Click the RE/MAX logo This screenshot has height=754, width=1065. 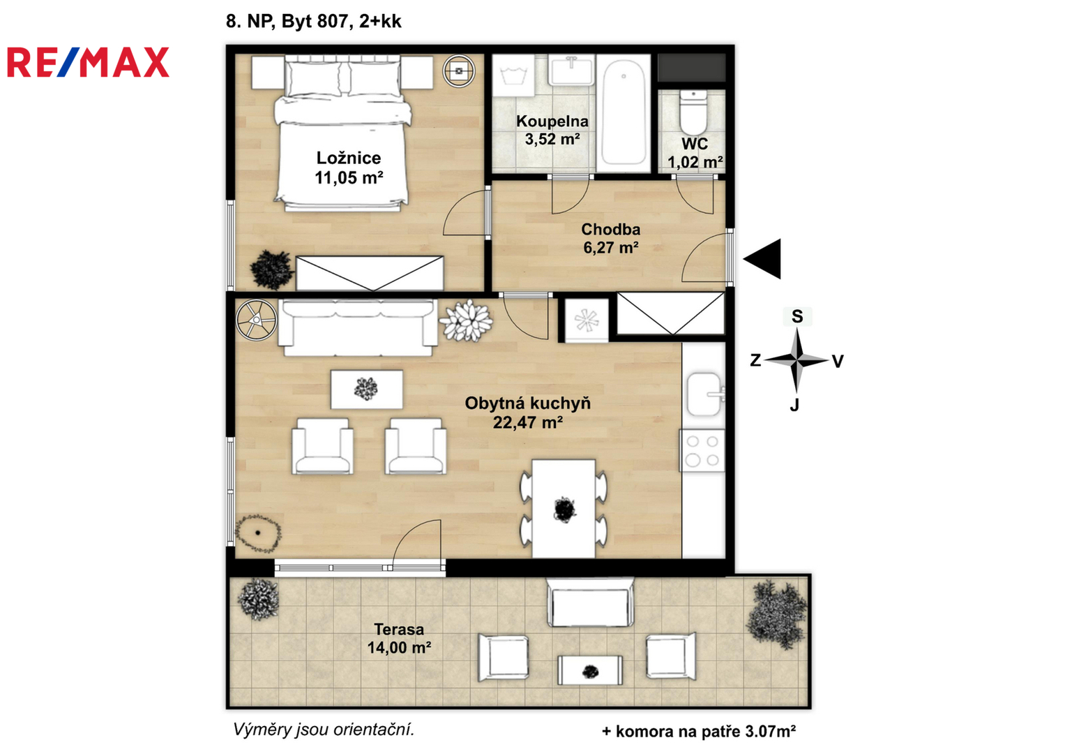click(89, 62)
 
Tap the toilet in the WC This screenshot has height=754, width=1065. click(693, 113)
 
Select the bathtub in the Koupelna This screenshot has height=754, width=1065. click(624, 113)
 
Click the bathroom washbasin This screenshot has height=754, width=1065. click(571, 71)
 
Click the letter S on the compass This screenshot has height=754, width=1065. click(797, 316)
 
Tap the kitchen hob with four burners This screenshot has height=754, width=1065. click(702, 451)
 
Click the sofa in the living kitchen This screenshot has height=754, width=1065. click(358, 327)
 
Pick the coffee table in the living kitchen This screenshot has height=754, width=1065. click(367, 390)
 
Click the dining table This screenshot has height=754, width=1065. click(564, 508)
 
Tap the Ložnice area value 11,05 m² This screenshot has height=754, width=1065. click(349, 178)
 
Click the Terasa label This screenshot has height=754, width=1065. click(399, 629)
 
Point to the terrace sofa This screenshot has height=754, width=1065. click(590, 602)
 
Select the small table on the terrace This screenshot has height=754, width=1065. click(590, 670)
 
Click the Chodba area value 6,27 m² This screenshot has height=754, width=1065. click(611, 248)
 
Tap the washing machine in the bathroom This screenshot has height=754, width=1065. click(513, 75)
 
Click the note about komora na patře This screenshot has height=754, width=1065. click(698, 731)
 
